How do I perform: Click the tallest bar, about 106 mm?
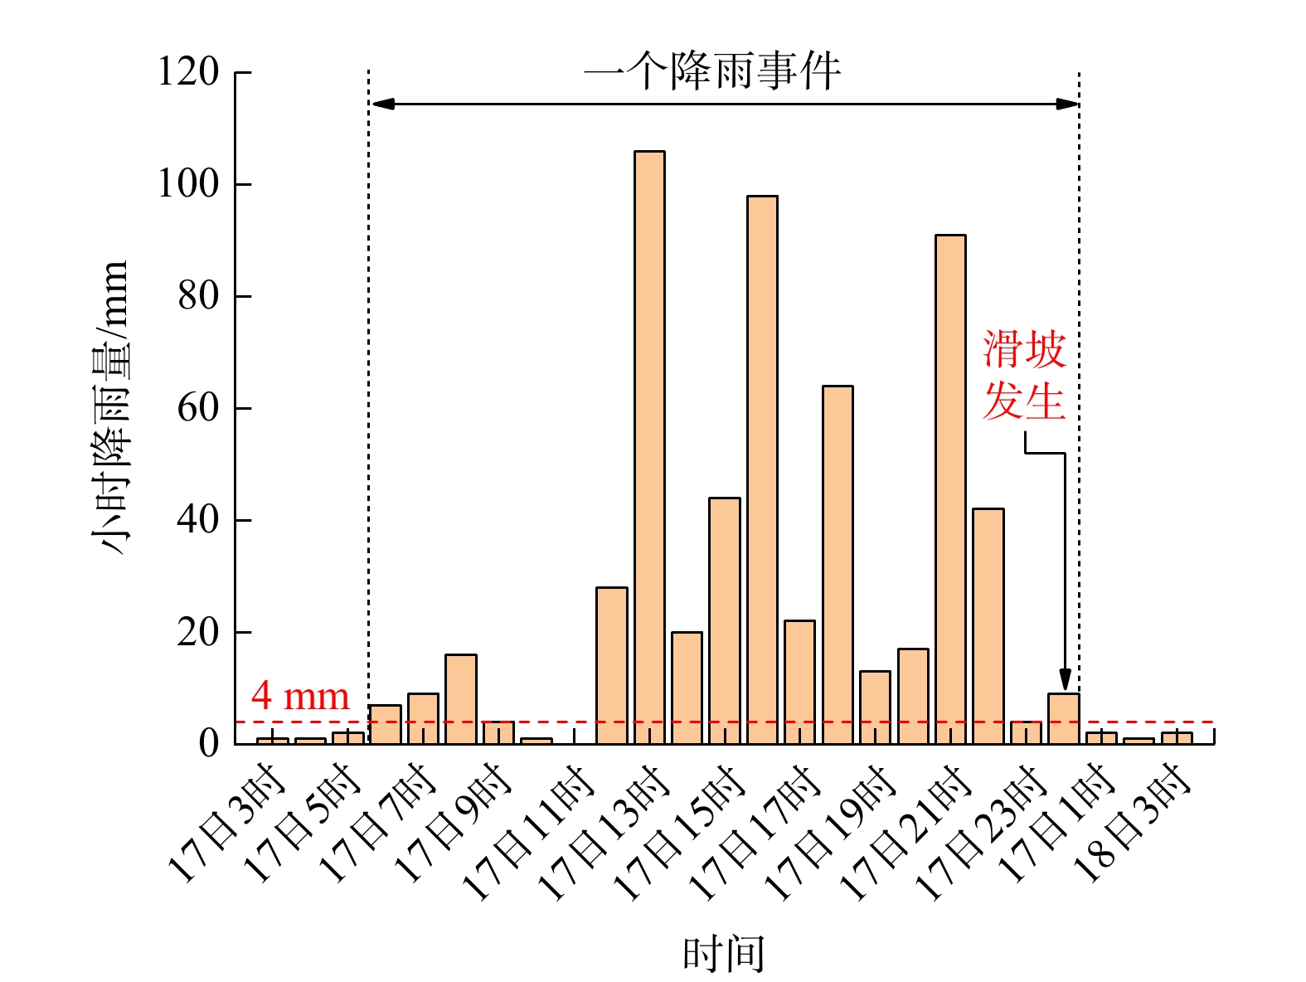(x=649, y=448)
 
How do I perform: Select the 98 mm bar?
(x=762, y=470)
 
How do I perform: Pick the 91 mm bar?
(x=950, y=489)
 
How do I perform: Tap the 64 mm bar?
(x=837, y=565)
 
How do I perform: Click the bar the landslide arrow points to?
(x=1064, y=718)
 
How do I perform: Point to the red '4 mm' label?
(x=300, y=697)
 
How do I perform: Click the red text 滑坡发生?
(x=1024, y=375)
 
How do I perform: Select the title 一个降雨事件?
(x=713, y=71)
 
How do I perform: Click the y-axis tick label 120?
(x=188, y=72)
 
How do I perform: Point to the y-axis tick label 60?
(x=198, y=408)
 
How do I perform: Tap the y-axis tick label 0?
(x=209, y=743)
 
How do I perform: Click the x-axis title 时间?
(x=723, y=954)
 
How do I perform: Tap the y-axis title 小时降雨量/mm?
(x=110, y=406)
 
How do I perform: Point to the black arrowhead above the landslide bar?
(x=1065, y=679)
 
